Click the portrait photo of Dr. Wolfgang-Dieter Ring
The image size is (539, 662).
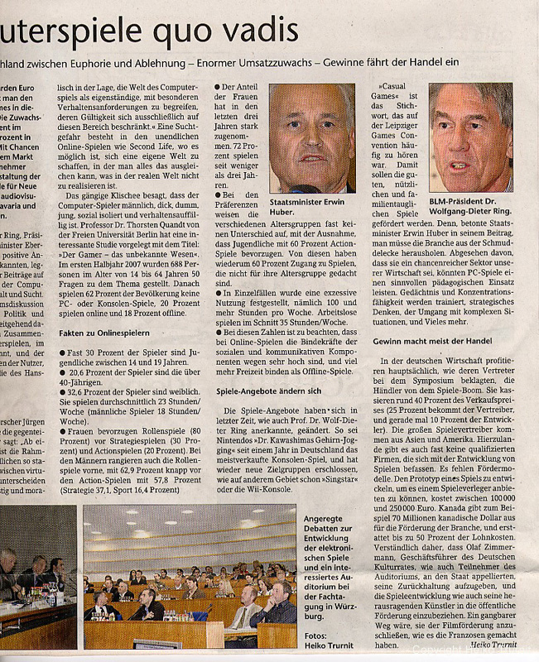point(470,137)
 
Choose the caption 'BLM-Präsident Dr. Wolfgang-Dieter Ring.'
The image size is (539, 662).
point(469,209)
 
